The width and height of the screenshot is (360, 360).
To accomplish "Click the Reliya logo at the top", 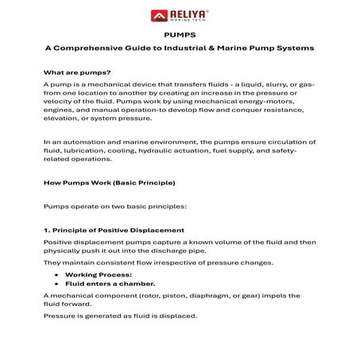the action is [x=179, y=14].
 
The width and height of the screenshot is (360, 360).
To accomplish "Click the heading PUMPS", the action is [x=179, y=36].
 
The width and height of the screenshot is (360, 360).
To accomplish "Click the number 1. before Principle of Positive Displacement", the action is [x=46, y=230].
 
